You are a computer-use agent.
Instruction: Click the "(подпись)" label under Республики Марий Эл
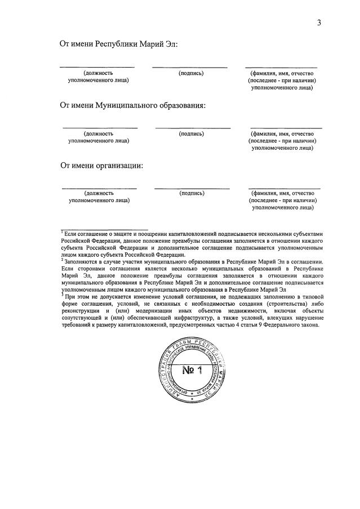coord(191,73)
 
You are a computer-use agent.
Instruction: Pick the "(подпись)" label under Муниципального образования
coord(191,134)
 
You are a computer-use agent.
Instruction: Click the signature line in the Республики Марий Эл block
coord(189,68)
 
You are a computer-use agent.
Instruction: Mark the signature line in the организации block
coord(192,188)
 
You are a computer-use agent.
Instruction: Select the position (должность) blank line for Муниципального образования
coord(99,128)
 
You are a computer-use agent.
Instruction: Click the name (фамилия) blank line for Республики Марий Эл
coord(281,68)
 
